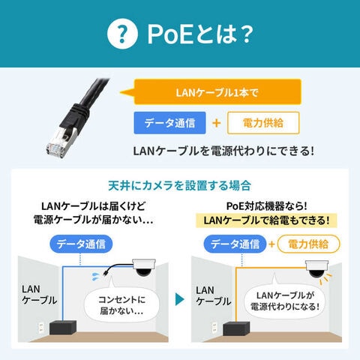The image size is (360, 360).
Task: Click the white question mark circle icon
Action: [122, 34]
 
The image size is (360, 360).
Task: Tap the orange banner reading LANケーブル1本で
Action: [217, 92]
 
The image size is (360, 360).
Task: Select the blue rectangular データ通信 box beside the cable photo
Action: [169, 123]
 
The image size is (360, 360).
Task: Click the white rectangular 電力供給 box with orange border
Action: [263, 123]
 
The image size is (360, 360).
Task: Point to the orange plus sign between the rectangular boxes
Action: [217, 123]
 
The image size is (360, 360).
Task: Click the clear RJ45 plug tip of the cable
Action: [55, 149]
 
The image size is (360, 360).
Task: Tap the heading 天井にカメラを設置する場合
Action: [180, 186]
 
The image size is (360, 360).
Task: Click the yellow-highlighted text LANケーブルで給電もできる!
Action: [266, 220]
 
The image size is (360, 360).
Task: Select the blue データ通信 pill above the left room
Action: [81, 244]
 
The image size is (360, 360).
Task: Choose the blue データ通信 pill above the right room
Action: [235, 244]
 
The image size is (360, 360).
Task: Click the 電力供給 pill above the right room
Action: [308, 244]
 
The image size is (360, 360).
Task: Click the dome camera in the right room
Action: [316, 269]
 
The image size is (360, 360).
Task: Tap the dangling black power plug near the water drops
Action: [106, 273]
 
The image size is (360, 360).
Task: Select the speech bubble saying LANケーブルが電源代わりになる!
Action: [285, 301]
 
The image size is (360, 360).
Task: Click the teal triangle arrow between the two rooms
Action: [180, 299]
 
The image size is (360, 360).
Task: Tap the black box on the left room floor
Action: [63, 327]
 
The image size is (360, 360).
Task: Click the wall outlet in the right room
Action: [214, 328]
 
